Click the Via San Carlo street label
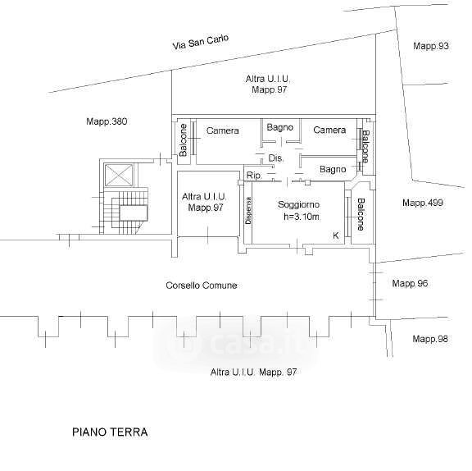tap(201, 42)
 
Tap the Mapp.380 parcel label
tap(107, 121)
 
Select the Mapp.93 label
tap(431, 46)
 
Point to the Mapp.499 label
tap(423, 203)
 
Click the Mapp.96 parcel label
tap(410, 283)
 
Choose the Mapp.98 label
tap(430, 339)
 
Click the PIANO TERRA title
tap(110, 432)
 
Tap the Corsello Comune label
tap(202, 285)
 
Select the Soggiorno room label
tap(298, 204)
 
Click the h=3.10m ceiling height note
tap(302, 217)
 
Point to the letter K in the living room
tap(336, 235)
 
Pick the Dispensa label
tap(248, 210)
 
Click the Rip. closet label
tap(254, 176)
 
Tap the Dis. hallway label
tap(275, 158)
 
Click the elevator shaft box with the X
tap(118, 176)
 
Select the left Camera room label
tap(223, 130)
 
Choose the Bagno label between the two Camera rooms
tap(280, 127)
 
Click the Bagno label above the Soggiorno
tap(333, 169)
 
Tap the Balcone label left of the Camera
tap(183, 140)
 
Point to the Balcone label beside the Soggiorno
tap(361, 214)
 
